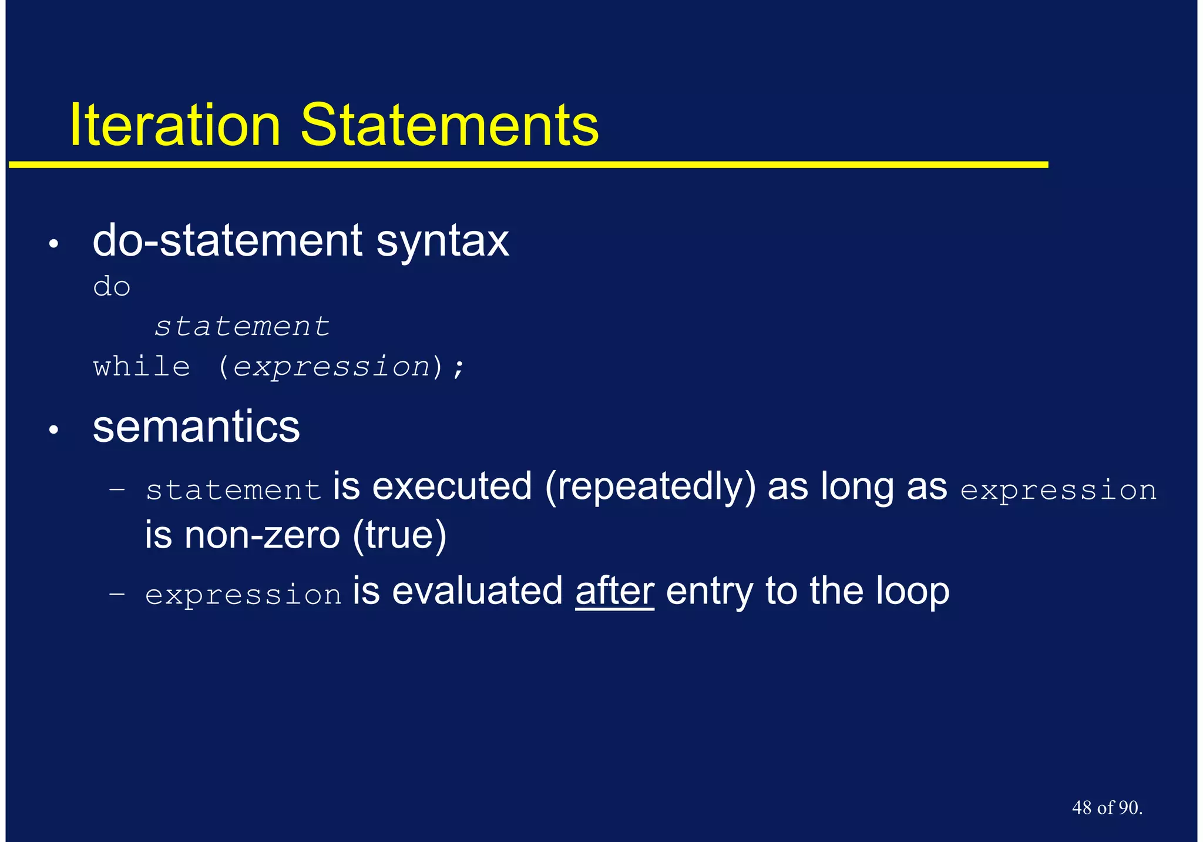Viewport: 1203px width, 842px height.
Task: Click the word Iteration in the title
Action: [x=174, y=125]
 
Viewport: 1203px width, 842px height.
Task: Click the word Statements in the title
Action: [x=449, y=125]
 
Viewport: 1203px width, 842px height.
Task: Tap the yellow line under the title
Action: [x=529, y=165]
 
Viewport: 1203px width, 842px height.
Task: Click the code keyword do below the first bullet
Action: [x=112, y=287]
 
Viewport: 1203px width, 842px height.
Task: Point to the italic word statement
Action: [x=242, y=327]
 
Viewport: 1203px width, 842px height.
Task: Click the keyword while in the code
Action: [x=142, y=367]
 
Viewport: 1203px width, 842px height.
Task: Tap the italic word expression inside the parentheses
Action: [x=332, y=367]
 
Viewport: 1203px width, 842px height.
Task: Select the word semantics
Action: [x=196, y=427]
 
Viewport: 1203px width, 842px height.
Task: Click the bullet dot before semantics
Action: [x=54, y=431]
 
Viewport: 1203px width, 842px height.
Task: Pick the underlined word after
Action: [x=614, y=591]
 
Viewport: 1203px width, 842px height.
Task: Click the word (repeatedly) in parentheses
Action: [x=650, y=488]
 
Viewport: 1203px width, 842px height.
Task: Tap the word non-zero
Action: [x=262, y=535]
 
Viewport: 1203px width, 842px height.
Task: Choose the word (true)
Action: [x=400, y=535]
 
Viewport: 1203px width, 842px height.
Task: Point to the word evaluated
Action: [x=477, y=591]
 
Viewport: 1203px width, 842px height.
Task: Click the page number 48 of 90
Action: [x=1107, y=808]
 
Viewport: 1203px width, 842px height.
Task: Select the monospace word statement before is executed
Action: [x=233, y=490]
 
